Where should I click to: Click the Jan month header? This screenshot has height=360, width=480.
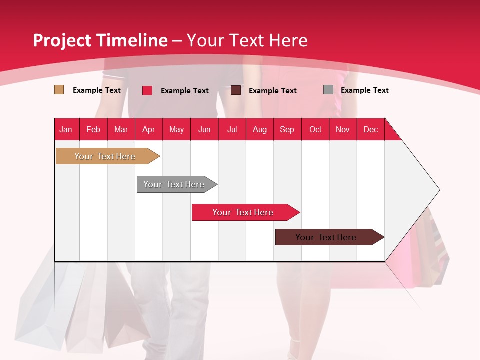click(x=66, y=129)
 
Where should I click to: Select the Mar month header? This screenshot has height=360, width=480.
click(x=121, y=129)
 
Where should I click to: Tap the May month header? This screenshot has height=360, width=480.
click(x=176, y=129)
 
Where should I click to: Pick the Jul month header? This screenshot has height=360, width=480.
click(x=232, y=129)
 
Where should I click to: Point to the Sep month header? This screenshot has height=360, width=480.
click(x=287, y=129)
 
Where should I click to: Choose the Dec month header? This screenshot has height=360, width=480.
click(x=370, y=129)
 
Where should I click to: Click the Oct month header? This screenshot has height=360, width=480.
click(x=315, y=129)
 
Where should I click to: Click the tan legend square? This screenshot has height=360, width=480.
click(x=59, y=90)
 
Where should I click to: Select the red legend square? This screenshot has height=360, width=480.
click(x=147, y=90)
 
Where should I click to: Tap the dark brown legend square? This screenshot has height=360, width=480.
click(x=236, y=90)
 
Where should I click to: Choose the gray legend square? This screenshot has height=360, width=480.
click(x=328, y=90)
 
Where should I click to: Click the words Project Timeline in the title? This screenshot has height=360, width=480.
click(x=100, y=40)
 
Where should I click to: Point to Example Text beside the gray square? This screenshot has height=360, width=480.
click(x=364, y=90)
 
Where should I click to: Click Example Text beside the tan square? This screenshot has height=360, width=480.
click(x=97, y=90)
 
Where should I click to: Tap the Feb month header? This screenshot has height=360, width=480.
click(x=93, y=129)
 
